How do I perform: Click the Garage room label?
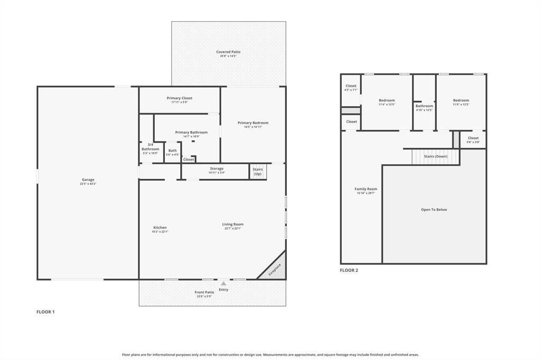[x=88, y=180]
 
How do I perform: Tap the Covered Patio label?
[x=228, y=52]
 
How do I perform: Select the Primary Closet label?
[x=180, y=98]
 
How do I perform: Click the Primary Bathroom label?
[x=191, y=132]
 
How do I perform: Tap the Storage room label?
[x=217, y=169]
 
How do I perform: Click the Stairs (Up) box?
[x=258, y=172]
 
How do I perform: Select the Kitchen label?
[x=160, y=228]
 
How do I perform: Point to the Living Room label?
[x=232, y=224]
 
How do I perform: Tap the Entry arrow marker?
[x=223, y=283]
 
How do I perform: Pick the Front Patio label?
[x=204, y=292]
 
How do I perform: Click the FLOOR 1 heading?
[x=45, y=312]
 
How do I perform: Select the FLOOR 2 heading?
[x=349, y=270]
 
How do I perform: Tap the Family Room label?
[x=366, y=189]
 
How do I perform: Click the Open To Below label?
[x=434, y=210]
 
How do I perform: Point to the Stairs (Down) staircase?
[x=430, y=156]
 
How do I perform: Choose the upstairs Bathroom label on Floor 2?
[x=424, y=106]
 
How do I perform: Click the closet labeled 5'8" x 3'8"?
[x=473, y=138]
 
